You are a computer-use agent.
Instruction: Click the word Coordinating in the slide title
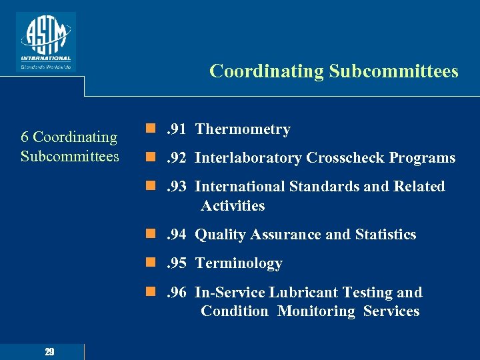[265, 71]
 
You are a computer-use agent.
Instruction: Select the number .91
[175, 129]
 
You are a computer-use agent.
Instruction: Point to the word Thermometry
[243, 129]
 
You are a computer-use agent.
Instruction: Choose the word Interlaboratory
[248, 158]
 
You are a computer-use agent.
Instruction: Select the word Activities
[233, 206]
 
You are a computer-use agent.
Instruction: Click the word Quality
[219, 235]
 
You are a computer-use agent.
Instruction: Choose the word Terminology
[239, 263]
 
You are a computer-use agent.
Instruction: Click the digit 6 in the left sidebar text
[25, 137]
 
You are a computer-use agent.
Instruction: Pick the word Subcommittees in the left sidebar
[69, 157]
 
